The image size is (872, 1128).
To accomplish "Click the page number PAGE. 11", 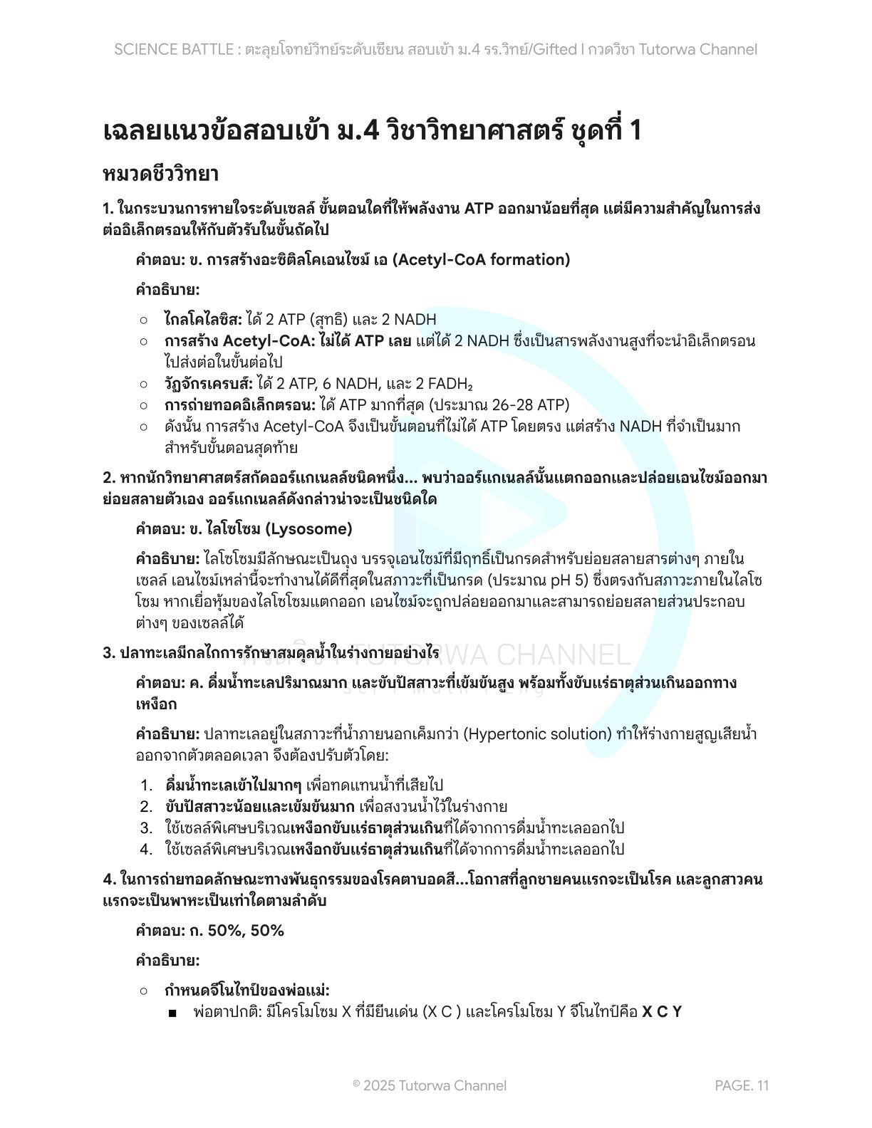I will (x=742, y=1085).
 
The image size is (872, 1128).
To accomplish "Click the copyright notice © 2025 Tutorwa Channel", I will (x=430, y=1085).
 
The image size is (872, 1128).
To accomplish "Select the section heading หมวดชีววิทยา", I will (x=160, y=174).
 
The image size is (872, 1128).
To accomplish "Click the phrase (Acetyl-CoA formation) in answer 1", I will (x=482, y=260).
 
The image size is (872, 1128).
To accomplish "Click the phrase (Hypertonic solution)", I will (x=538, y=733).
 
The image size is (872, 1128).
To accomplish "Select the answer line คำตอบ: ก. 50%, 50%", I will (x=209, y=931).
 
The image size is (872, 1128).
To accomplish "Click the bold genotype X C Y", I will (x=662, y=1011).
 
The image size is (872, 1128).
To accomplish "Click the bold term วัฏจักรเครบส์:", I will (x=209, y=384).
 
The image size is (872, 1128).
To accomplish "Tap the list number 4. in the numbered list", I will (x=147, y=850).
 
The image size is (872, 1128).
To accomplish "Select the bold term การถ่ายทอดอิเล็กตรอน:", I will (x=240, y=405).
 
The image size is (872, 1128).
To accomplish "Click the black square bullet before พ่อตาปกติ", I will (x=172, y=1013).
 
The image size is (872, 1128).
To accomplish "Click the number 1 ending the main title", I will (x=634, y=131).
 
